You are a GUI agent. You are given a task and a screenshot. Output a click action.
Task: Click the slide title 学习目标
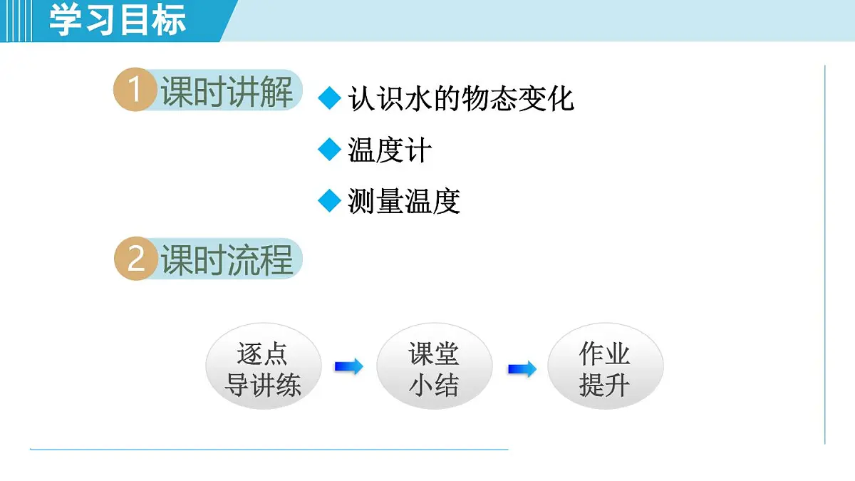[118, 19]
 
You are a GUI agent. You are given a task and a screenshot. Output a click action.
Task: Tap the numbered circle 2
[135, 259]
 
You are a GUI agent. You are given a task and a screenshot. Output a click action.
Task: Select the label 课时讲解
[227, 92]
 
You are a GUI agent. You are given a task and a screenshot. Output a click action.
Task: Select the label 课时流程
[227, 259]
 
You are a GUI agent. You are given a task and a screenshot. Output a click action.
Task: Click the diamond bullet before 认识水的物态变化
[330, 98]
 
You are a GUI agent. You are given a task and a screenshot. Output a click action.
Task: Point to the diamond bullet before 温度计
[330, 150]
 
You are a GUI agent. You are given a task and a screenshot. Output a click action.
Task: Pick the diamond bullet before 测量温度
[330, 201]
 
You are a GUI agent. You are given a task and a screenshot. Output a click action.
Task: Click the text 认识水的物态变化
[461, 98]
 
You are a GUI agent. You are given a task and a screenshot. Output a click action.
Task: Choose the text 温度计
[390, 150]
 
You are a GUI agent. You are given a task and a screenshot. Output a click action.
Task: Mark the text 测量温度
[404, 202]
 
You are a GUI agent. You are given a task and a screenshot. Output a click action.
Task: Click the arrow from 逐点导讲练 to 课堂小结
[348, 367]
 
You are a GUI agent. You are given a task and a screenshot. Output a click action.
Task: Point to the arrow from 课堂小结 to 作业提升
[522, 369]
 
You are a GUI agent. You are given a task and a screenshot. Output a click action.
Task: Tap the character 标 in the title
[170, 19]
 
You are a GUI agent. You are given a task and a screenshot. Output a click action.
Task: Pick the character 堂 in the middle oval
[447, 353]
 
